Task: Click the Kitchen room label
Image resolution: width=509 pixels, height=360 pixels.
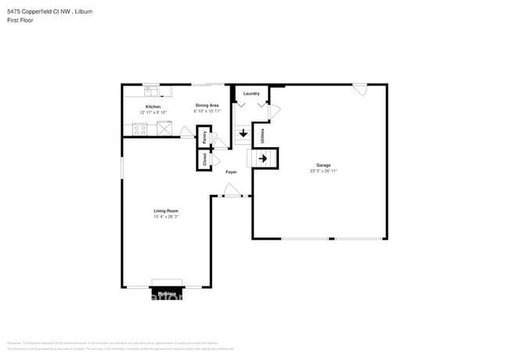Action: [x=153, y=106]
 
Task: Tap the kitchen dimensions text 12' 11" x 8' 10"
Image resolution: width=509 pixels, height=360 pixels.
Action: [x=153, y=113]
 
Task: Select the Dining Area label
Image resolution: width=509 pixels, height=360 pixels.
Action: [x=208, y=105]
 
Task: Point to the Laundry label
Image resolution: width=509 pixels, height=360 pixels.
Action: [x=251, y=94]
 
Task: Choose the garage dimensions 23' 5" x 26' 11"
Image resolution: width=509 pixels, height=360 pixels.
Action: [x=323, y=171]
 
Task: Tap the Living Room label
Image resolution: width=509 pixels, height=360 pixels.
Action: [x=166, y=211]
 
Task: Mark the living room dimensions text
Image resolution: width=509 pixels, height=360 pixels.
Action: [x=166, y=217]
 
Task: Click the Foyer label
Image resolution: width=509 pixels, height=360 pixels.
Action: [x=231, y=171]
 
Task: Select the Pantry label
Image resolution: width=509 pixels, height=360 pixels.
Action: [x=205, y=139]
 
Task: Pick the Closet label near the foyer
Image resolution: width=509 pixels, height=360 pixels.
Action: [x=205, y=160]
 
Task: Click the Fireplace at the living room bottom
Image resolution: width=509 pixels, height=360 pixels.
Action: [x=167, y=293]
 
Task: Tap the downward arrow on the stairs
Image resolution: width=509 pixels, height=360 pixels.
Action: [x=244, y=133]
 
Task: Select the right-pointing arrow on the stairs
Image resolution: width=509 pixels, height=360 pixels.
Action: [x=264, y=159]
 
